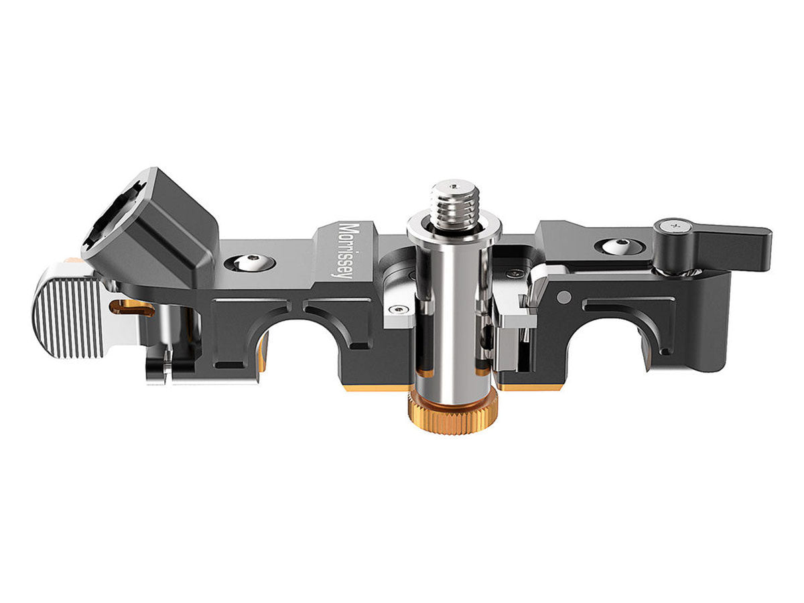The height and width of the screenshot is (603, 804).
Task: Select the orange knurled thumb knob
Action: click(x=453, y=416)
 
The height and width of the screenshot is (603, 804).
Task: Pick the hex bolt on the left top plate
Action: click(x=250, y=263)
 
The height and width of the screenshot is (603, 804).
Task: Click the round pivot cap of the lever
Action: click(x=673, y=228)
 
